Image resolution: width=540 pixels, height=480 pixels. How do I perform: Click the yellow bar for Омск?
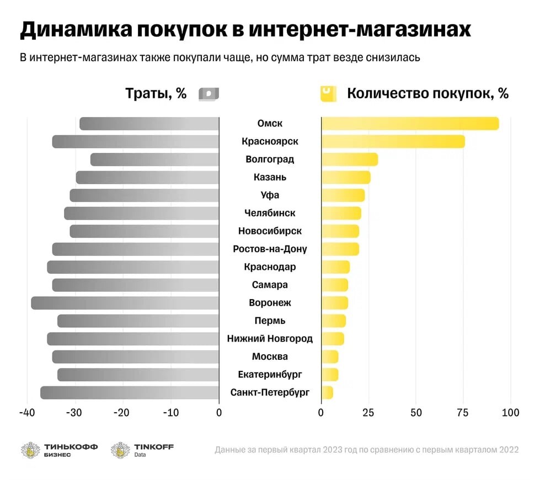[410, 124]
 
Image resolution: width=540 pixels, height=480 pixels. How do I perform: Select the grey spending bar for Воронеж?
[125, 303]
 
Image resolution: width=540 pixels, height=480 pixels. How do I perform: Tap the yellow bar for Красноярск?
[393, 141]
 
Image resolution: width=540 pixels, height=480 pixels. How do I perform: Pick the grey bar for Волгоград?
[154, 159]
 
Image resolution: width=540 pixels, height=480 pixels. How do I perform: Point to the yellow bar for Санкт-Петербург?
[327, 393]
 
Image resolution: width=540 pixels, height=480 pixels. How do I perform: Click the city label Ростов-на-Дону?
[270, 249]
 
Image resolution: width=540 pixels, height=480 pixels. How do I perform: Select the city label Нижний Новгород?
[270, 339]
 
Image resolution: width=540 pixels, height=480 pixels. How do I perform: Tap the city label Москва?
[270, 356]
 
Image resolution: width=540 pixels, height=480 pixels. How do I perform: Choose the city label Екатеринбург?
[270, 375]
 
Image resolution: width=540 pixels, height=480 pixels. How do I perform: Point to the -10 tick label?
[171, 413]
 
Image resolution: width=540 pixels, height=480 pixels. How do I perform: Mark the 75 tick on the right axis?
[463, 413]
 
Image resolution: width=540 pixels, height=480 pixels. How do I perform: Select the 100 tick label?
[511, 413]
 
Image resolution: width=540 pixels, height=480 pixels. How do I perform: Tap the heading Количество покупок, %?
[427, 93]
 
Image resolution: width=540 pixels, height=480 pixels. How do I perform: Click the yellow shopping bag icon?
[328, 93]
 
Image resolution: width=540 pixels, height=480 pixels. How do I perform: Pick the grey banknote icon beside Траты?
[208, 94]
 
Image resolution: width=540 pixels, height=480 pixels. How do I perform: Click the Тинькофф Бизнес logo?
[59, 450]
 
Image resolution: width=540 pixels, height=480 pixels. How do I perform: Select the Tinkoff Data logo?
[142, 450]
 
